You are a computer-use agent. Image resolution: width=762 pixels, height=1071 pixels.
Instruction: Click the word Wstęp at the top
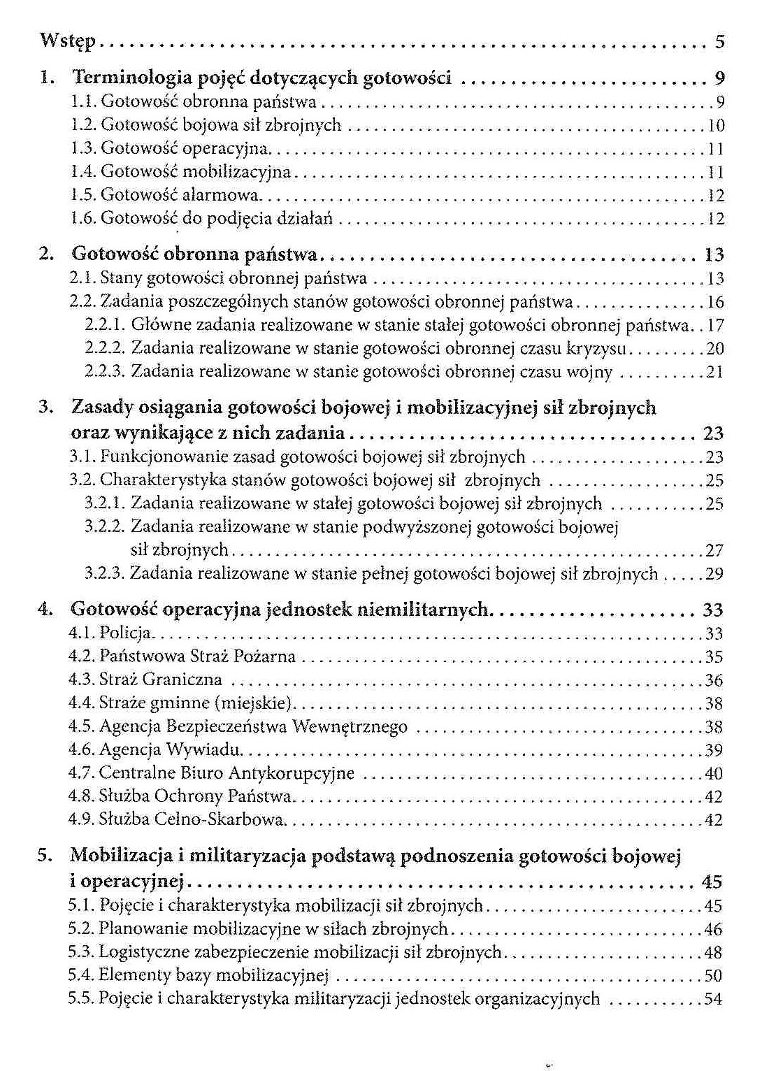67,41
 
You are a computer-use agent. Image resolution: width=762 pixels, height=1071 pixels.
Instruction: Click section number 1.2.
84,125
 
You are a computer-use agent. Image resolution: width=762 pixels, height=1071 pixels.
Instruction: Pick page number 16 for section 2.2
715,302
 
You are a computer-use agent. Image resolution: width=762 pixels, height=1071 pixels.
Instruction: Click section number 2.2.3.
104,371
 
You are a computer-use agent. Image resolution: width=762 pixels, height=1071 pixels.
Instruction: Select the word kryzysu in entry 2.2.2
596,348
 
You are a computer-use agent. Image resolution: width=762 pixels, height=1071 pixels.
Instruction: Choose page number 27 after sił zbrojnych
714,550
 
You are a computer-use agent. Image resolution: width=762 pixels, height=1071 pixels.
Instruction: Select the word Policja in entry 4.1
126,633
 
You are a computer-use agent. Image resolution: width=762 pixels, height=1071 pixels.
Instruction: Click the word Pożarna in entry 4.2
268,656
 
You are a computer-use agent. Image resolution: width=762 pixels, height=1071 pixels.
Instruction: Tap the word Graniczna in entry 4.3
182,680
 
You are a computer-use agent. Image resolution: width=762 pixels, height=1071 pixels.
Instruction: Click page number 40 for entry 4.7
713,773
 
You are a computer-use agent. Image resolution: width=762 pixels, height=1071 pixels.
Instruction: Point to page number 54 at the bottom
713,998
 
